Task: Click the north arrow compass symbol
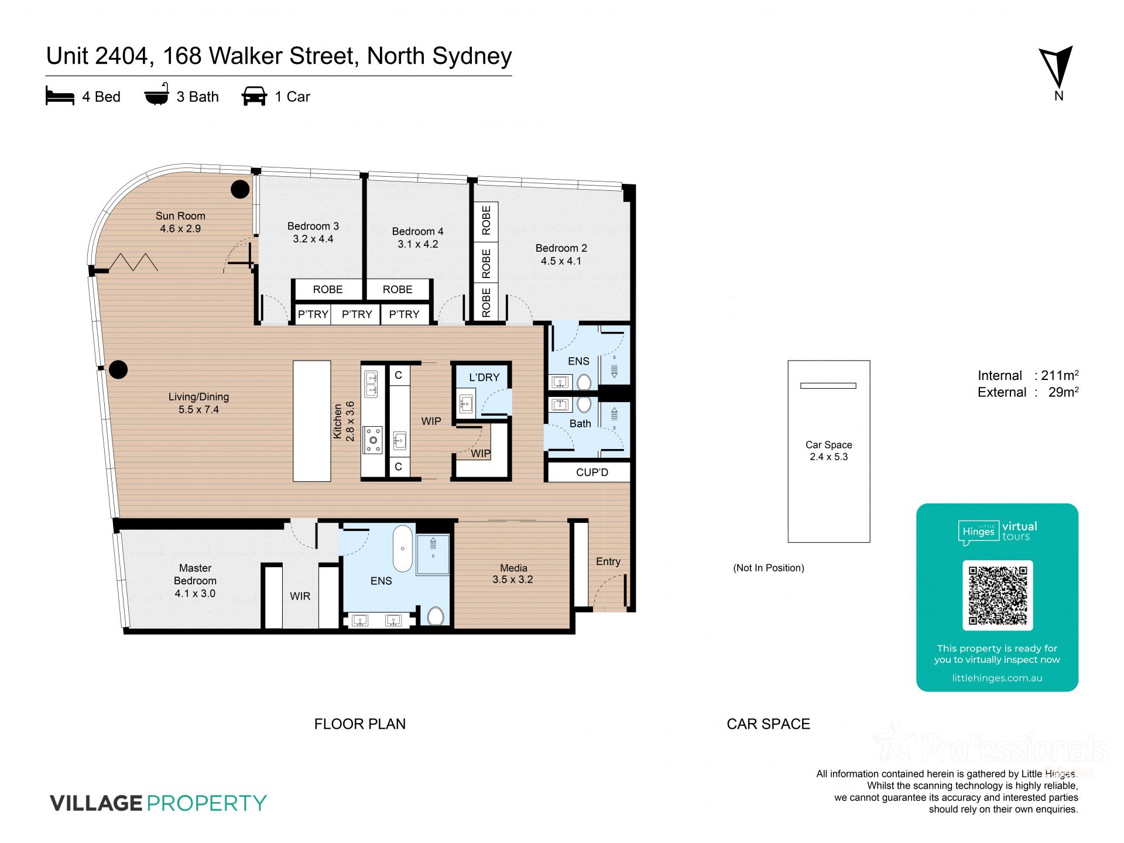click(x=1056, y=68)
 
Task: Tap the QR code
click(x=998, y=595)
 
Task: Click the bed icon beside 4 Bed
click(x=60, y=96)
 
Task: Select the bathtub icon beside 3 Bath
click(x=157, y=95)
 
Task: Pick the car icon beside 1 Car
click(x=254, y=96)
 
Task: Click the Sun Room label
click(x=180, y=216)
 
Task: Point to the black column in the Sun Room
click(x=240, y=189)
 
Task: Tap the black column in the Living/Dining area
click(x=118, y=369)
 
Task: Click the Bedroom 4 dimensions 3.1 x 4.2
click(x=418, y=244)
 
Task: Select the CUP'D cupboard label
click(x=592, y=472)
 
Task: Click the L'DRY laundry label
click(x=484, y=378)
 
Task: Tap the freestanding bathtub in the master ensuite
click(x=403, y=549)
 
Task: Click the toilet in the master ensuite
click(x=436, y=616)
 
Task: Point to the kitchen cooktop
click(x=373, y=440)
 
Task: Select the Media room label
click(x=513, y=568)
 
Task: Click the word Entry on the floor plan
click(x=608, y=561)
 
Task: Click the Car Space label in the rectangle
click(x=829, y=445)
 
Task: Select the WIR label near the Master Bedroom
click(x=300, y=596)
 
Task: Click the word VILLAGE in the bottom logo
click(x=96, y=803)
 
